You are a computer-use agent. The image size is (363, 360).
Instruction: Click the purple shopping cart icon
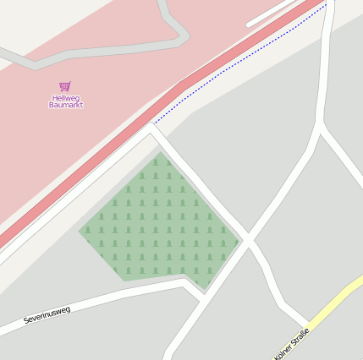(x=65, y=86)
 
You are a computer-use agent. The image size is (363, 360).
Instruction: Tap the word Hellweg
(x=66, y=97)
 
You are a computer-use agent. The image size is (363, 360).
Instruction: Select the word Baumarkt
(x=66, y=105)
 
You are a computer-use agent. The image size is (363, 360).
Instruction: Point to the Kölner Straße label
(x=292, y=343)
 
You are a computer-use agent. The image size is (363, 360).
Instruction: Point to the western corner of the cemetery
(x=80, y=229)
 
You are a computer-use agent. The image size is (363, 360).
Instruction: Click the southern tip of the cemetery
(x=204, y=290)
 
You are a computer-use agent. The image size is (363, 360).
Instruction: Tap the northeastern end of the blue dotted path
(x=326, y=4)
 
